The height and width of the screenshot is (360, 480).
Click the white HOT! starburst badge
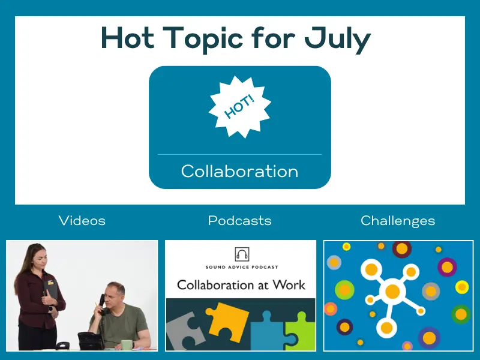239,107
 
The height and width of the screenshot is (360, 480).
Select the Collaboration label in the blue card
239,171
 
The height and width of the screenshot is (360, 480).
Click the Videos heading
82,220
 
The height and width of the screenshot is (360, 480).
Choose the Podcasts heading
239,220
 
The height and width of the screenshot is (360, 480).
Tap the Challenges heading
398,221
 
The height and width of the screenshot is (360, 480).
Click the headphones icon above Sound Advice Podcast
242,254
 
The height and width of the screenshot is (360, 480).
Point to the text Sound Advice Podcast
242,267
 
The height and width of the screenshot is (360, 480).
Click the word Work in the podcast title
289,285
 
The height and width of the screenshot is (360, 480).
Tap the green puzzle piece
301,331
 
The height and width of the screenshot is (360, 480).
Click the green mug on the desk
127,345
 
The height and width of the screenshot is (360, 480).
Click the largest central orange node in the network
392,291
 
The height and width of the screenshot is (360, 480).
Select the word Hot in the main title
128,38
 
